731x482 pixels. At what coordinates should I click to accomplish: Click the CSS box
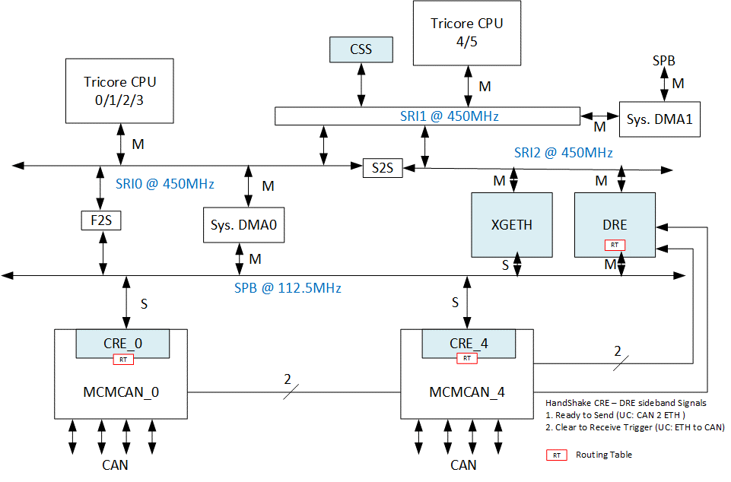tap(361, 50)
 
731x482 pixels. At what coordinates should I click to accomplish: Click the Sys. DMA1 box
tap(659, 119)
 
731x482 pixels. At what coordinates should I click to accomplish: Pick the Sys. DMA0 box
tap(243, 226)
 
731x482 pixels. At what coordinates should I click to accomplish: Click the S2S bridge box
tap(383, 168)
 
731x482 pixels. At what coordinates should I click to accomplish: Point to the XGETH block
tap(513, 225)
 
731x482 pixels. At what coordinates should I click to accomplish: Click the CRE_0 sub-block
tap(122, 343)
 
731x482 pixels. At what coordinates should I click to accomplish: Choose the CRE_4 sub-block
tap(468, 343)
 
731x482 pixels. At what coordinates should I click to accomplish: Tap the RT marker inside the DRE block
tap(615, 245)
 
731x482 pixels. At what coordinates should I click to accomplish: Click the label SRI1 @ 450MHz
tap(449, 116)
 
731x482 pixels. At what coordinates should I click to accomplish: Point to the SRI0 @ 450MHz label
tap(166, 183)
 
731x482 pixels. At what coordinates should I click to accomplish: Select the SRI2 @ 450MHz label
tap(563, 153)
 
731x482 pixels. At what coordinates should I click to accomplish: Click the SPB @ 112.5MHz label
tap(288, 288)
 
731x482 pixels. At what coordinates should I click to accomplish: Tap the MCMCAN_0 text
tap(121, 392)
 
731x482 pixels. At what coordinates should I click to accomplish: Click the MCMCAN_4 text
tap(467, 392)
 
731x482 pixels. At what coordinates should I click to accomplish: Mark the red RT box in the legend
tap(556, 455)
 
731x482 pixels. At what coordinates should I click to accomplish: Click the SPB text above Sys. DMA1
tap(664, 60)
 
